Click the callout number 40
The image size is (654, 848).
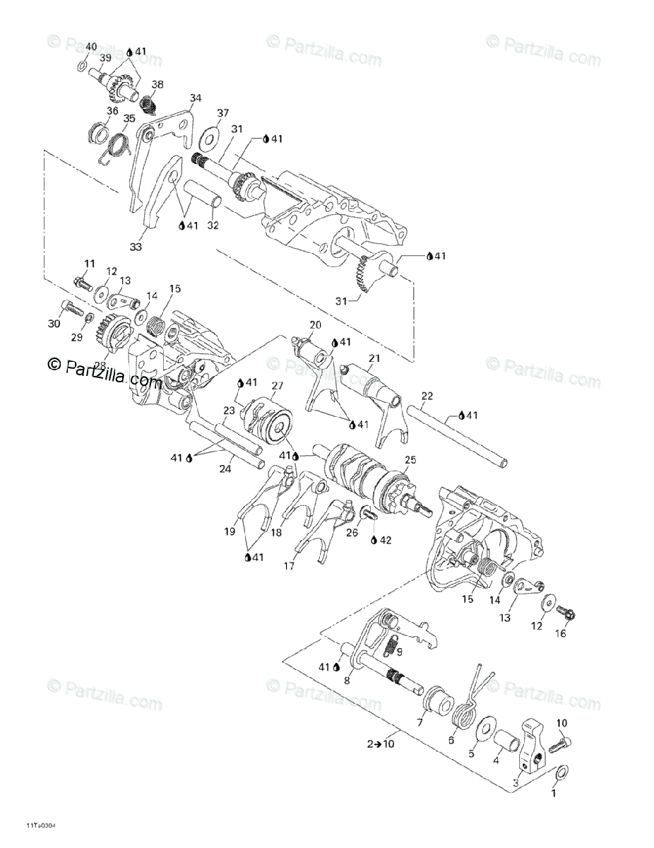point(90,47)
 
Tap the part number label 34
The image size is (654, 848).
point(195,98)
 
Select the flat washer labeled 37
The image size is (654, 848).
point(209,136)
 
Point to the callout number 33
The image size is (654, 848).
point(136,247)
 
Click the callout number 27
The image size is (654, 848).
point(277,385)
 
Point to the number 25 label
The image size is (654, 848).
point(410,460)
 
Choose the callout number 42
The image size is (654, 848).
point(384,541)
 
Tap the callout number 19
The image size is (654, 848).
point(230,530)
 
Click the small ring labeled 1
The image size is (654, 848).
point(560,773)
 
